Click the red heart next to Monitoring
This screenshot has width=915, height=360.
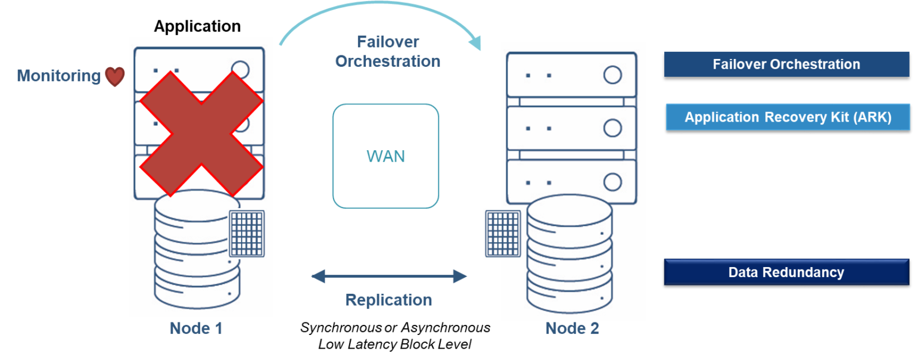[x=115, y=76]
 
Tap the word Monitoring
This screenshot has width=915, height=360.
[x=58, y=76]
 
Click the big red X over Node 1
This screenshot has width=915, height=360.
[x=201, y=134]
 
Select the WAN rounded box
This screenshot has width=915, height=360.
[x=385, y=156]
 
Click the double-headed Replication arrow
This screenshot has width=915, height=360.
[x=389, y=276]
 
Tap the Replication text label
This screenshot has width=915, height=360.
[x=388, y=300]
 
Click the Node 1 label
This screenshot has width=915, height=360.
[x=196, y=328]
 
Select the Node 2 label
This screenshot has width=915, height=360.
[x=572, y=328]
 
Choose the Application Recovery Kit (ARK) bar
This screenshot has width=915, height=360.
[x=787, y=117]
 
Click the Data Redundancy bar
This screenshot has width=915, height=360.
[x=786, y=272]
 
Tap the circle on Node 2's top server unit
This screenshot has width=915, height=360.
[x=612, y=75]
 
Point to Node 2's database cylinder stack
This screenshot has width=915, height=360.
[x=569, y=256]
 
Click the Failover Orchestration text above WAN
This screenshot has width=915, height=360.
[x=388, y=52]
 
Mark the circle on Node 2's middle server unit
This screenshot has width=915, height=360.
[x=612, y=128]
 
